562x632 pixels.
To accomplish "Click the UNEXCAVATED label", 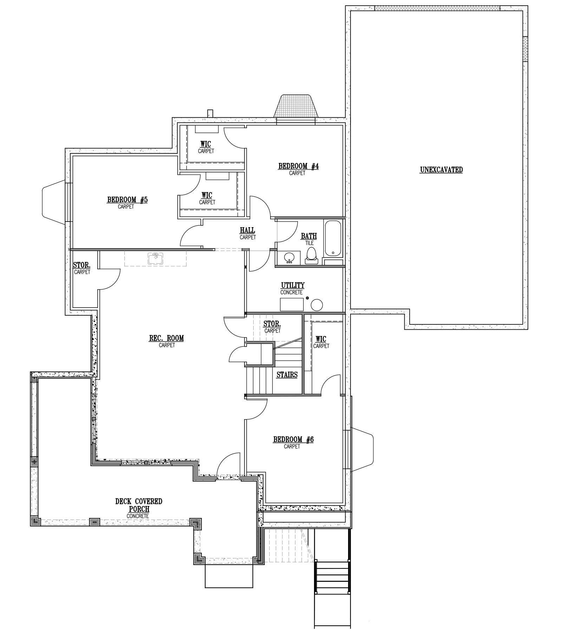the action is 441,170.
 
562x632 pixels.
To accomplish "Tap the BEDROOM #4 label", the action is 298,166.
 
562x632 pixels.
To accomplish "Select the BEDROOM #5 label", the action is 127,200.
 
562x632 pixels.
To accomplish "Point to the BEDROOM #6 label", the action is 293,439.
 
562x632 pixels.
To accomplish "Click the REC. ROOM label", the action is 166,338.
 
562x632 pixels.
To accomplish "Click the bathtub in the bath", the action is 332,238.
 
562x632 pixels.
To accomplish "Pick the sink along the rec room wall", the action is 156,258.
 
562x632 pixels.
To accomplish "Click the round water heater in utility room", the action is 317,305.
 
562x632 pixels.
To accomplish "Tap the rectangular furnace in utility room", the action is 292,304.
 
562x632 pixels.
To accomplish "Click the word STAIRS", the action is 287,375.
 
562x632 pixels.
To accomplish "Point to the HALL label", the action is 248,230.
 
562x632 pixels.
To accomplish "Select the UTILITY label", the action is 293,285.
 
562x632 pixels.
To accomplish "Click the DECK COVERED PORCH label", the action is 139,505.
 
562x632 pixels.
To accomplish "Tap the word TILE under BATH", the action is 309,243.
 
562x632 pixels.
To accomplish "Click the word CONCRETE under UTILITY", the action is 291,292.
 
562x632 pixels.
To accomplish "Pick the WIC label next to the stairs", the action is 321,339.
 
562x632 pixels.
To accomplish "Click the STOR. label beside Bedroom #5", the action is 81,265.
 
